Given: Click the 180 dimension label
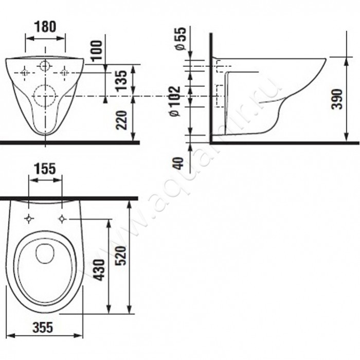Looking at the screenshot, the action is click(x=45, y=26).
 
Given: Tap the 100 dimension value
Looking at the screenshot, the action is click(x=97, y=50).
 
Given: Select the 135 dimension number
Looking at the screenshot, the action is click(x=121, y=81).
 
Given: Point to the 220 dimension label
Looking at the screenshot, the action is click(x=121, y=120).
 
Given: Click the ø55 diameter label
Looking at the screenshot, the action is click(x=180, y=39).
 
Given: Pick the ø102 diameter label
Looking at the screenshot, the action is click(x=175, y=101).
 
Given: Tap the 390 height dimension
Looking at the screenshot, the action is click(x=337, y=99).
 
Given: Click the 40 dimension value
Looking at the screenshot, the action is click(x=179, y=163).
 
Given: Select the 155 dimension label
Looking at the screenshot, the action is click(x=45, y=169).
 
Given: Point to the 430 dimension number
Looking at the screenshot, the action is click(x=100, y=270).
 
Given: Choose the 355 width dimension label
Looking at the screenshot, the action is click(x=43, y=327).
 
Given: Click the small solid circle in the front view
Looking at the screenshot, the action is click(x=45, y=66).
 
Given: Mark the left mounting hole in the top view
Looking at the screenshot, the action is click(x=29, y=219).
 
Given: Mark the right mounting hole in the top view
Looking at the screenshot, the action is click(x=62, y=219).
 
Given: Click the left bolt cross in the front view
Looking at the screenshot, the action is click(x=25, y=73).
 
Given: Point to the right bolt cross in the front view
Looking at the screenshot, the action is click(x=64, y=73).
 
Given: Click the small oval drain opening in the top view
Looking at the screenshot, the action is click(x=45, y=254).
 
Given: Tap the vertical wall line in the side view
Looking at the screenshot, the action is click(x=211, y=88).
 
